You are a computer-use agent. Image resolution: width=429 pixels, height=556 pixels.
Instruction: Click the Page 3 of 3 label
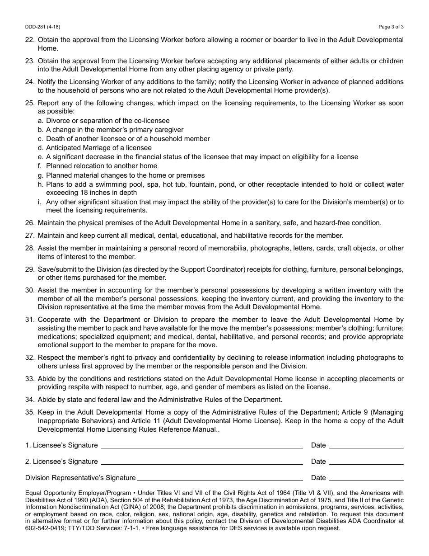[x=391, y=27]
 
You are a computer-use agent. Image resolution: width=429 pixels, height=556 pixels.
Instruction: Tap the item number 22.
[x=30, y=40]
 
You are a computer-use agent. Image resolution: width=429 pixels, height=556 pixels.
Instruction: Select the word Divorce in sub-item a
[x=58, y=121]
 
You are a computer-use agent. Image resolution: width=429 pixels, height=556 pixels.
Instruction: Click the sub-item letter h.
[x=41, y=184]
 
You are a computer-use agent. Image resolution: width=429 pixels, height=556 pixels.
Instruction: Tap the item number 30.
[x=30, y=290]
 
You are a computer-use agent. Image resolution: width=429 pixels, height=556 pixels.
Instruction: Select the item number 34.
[x=30, y=400]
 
